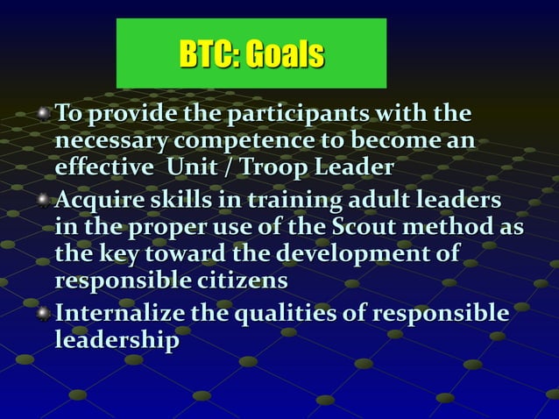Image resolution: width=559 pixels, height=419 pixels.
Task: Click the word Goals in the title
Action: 285,54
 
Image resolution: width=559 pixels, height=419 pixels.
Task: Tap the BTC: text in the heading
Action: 210,54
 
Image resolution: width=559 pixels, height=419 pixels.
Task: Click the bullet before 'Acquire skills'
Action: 45,201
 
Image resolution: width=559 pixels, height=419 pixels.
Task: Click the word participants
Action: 299,115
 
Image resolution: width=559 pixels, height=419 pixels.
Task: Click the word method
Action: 459,229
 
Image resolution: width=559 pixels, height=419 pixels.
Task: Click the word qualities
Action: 281,313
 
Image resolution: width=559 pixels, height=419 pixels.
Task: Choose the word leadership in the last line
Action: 117,340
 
